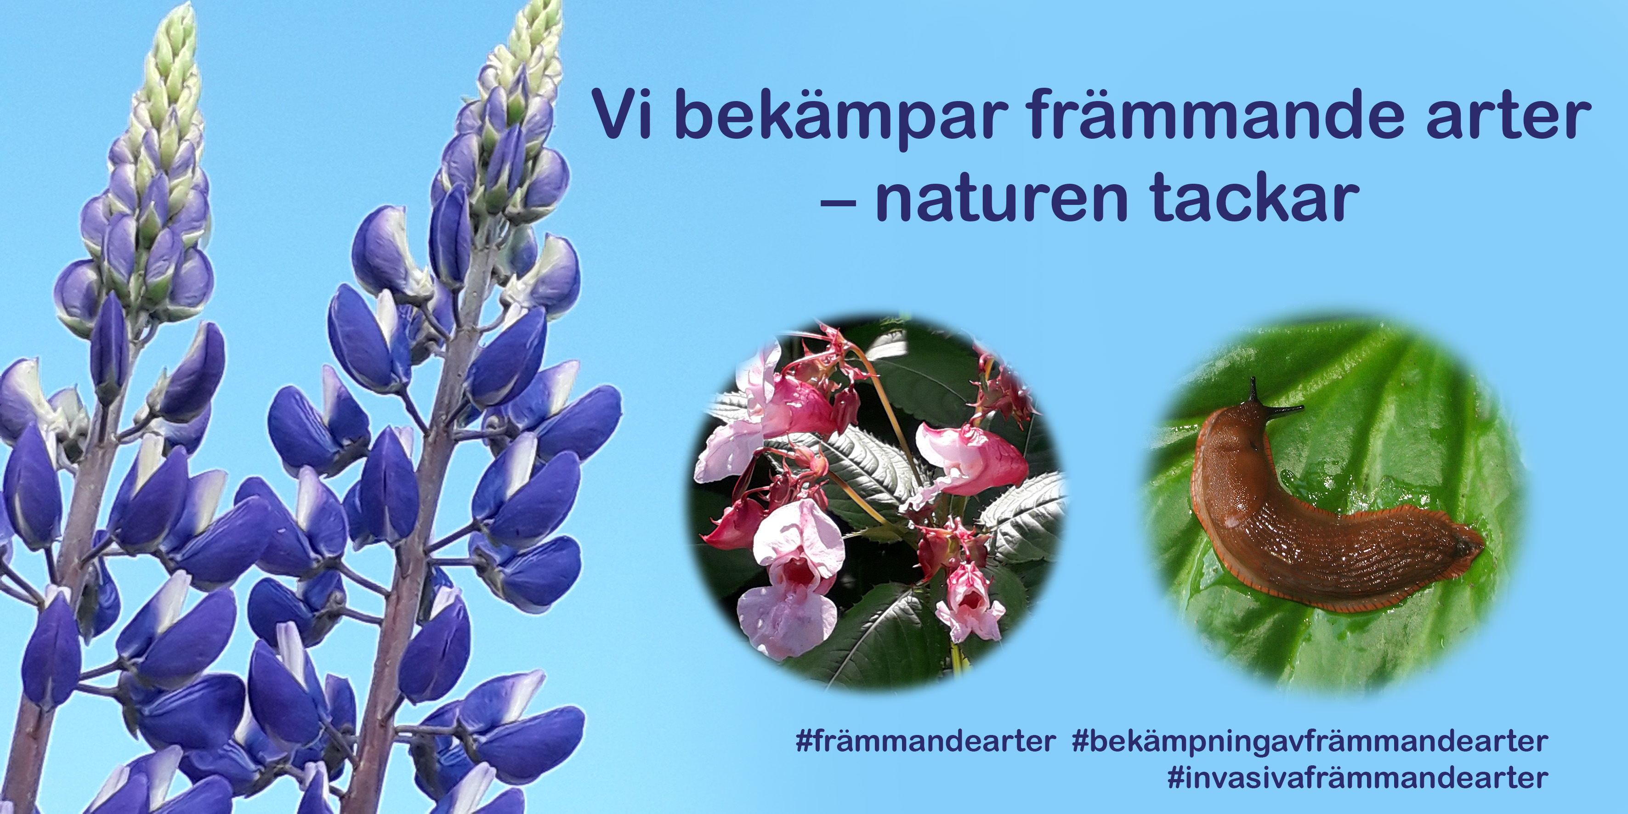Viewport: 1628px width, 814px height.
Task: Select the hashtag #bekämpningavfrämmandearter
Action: [x=1310, y=742]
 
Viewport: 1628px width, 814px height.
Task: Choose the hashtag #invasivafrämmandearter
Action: [x=1357, y=777]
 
